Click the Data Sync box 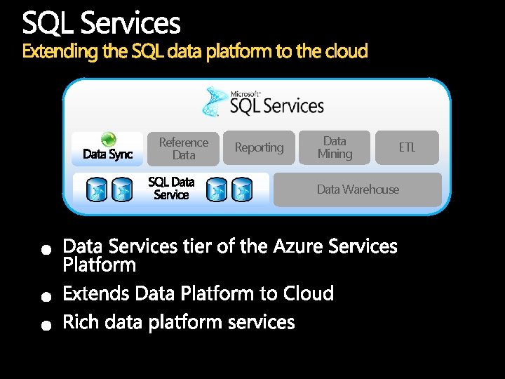tap(107, 149)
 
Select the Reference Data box tap(184, 148)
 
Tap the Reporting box tap(259, 147)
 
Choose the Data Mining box tap(335, 147)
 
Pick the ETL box tap(407, 147)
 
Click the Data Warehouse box tap(358, 189)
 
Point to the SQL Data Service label tap(171, 189)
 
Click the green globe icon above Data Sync tap(108, 138)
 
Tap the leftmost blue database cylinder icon tap(96, 190)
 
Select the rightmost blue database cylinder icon tap(243, 190)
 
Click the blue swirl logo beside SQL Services tap(215, 102)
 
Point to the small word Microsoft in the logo tap(245, 93)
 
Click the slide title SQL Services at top tap(102, 24)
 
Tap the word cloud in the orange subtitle tap(346, 51)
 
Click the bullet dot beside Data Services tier tap(45, 249)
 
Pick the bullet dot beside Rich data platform tap(45, 325)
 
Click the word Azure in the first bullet tap(298, 246)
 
